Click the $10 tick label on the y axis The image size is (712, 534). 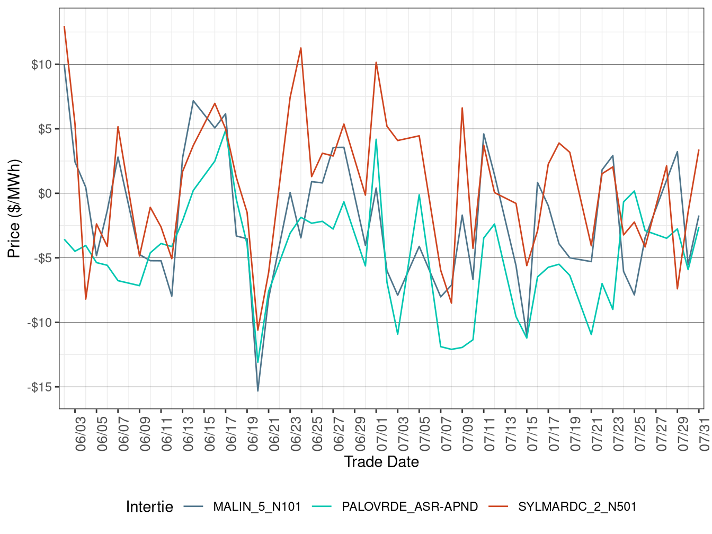pos(41,65)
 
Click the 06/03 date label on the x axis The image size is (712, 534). pos(81,434)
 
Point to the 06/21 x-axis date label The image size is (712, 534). pos(274,434)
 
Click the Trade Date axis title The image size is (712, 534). pos(381,462)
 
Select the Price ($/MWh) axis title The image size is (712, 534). pos(14,208)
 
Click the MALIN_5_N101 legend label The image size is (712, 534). pos(257,507)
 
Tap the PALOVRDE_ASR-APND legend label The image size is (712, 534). pos(410,507)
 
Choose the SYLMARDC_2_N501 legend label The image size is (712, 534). pos(577,507)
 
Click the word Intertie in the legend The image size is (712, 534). pos(149,507)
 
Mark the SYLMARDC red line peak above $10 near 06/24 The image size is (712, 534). pos(301,48)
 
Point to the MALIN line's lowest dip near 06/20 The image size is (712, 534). pos(258,390)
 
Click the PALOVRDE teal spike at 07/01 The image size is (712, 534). pos(376,139)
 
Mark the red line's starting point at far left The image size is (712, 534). pos(64,26)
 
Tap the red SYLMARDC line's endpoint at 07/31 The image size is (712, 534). pos(699,150)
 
